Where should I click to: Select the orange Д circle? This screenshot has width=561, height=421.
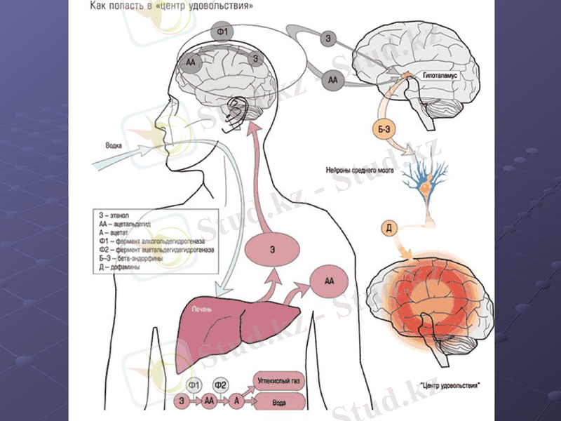tap(391, 227)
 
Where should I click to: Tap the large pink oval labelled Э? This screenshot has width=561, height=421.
tap(272, 250)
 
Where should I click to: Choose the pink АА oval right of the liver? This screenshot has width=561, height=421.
tap(330, 280)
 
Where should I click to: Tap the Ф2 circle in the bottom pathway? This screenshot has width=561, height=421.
tap(220, 385)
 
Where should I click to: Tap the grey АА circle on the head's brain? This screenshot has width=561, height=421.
tap(190, 62)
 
